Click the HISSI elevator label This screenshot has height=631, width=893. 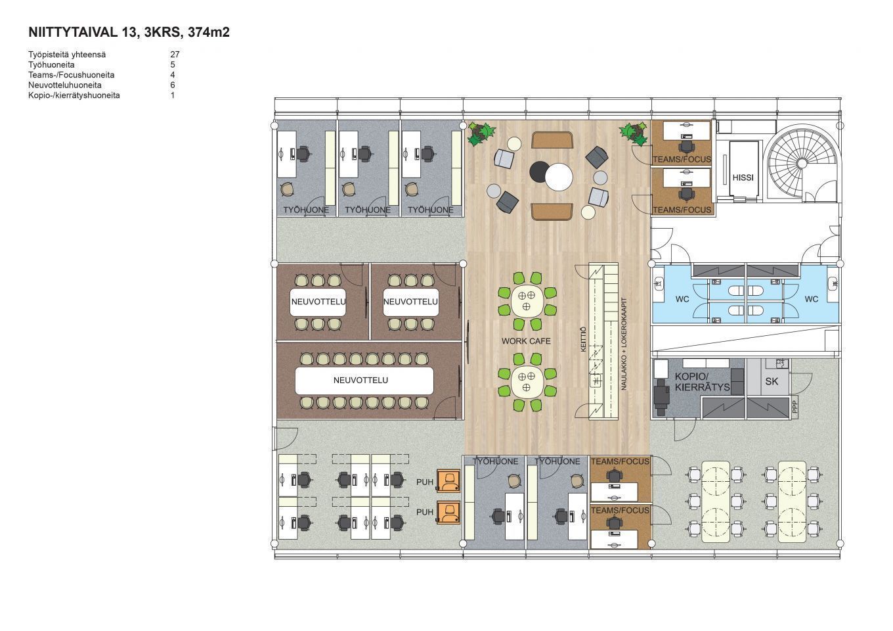coord(743,177)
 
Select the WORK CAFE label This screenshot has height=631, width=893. coord(526,341)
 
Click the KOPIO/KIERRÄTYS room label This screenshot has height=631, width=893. coord(702,381)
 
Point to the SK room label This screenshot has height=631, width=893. coord(772,381)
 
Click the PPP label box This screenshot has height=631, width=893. coord(795,407)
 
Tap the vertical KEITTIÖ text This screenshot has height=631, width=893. coord(583,339)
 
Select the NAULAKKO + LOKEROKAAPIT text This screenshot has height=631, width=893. coord(624,344)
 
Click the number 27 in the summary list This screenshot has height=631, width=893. coord(175,55)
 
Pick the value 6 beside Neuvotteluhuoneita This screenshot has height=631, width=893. coord(173,85)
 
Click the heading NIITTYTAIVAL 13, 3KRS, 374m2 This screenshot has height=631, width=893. coord(129,32)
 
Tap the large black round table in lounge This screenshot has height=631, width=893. coord(538,172)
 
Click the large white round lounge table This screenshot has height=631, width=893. coord(559,177)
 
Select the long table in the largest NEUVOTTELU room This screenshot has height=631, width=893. coord(364,381)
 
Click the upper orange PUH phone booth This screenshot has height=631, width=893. coord(448,481)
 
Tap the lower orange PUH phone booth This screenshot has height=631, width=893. coord(448,513)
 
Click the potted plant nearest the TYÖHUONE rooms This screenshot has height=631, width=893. coord(481,133)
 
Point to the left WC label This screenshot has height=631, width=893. coord(682,299)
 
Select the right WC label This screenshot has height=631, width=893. coord(812,299)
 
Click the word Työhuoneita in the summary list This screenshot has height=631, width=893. coord(51,64)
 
